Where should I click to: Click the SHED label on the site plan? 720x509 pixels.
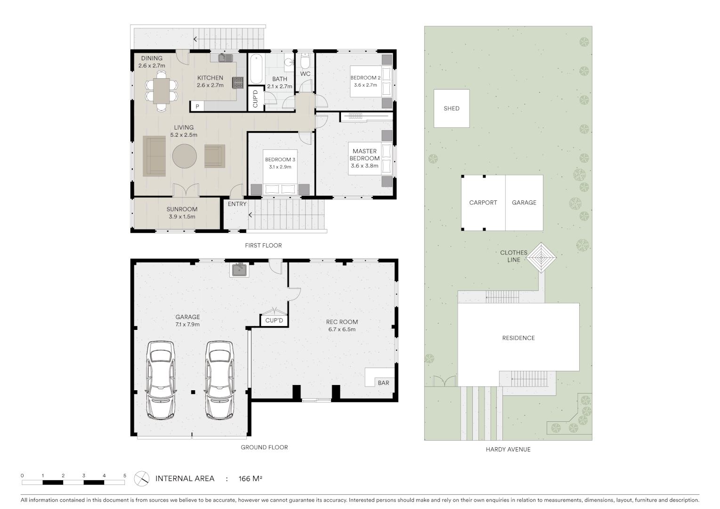451,108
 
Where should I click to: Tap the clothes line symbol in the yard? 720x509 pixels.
541,257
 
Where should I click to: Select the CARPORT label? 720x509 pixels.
483,203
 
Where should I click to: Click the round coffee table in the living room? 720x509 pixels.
184,156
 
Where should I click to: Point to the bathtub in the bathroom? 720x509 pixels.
256,69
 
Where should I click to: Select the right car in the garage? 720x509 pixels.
219,380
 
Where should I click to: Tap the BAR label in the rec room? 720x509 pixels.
383,383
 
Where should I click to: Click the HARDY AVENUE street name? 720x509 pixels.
508,450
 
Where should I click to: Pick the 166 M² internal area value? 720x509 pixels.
250,479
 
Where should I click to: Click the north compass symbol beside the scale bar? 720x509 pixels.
141,479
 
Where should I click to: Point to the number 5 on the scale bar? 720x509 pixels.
124,476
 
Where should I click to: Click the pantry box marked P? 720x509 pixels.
197,107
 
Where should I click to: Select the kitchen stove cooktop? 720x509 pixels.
238,83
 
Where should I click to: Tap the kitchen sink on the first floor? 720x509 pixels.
225,58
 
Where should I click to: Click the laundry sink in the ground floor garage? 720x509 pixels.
240,270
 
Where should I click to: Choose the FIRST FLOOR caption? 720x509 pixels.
263,246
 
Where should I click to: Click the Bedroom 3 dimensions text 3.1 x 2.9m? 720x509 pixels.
280,167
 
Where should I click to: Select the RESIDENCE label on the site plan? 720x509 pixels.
518,338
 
